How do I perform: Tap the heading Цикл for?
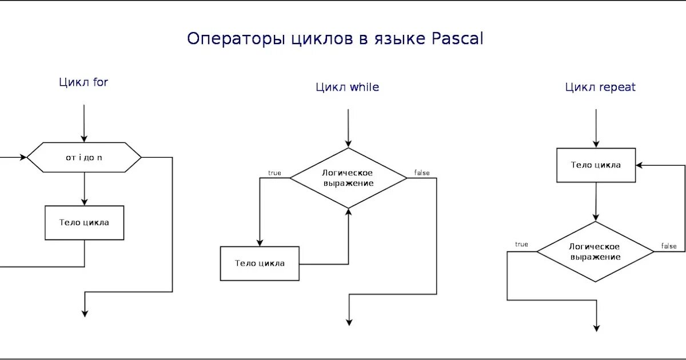(x=83, y=82)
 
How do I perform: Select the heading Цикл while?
(x=347, y=87)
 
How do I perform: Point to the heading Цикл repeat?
(x=600, y=87)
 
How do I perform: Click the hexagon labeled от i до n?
(x=84, y=157)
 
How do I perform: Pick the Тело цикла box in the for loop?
(x=84, y=223)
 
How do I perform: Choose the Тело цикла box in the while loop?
(x=260, y=263)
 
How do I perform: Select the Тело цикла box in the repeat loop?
(x=596, y=165)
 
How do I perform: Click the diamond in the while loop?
(x=348, y=178)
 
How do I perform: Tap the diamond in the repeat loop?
(x=595, y=251)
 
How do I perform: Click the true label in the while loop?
(x=274, y=173)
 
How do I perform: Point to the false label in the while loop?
(x=421, y=173)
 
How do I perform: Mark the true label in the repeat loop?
(x=521, y=245)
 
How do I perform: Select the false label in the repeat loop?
(x=668, y=246)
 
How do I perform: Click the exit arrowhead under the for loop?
(x=85, y=313)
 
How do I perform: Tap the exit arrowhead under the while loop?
(x=349, y=322)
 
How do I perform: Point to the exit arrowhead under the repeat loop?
(x=596, y=327)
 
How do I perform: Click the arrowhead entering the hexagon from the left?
(x=23, y=157)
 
